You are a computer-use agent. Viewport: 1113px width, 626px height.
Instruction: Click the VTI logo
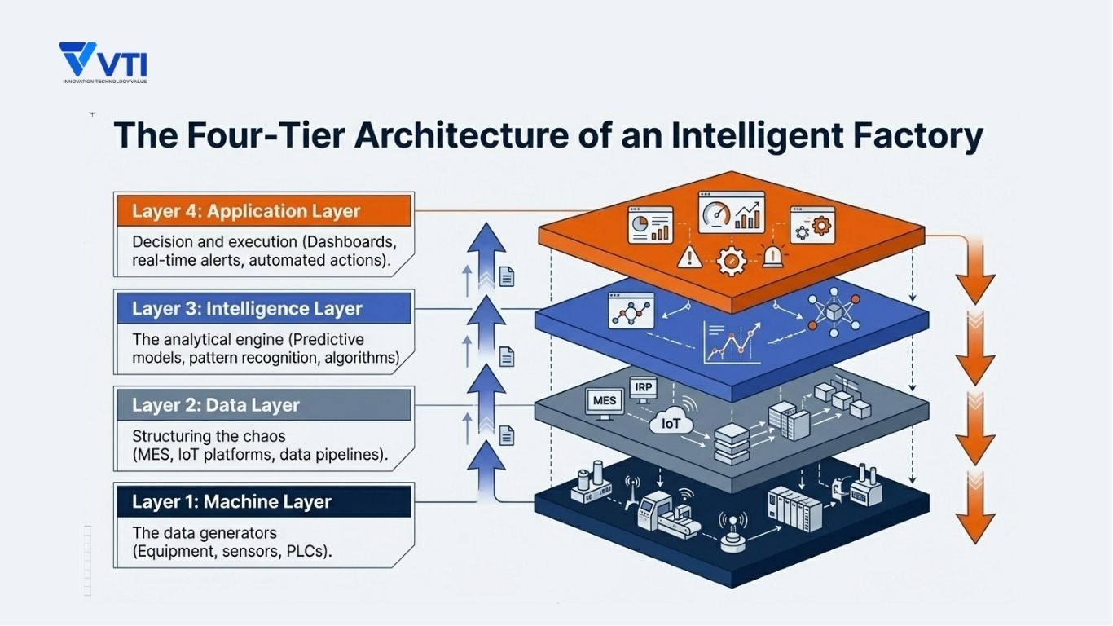(x=103, y=62)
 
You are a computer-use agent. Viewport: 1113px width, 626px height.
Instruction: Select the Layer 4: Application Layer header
(x=264, y=211)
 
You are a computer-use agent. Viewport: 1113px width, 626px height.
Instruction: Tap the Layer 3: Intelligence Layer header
(x=264, y=308)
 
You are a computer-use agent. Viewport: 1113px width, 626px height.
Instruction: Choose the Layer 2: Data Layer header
(x=264, y=405)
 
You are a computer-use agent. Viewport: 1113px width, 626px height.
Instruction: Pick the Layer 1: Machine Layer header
(x=264, y=501)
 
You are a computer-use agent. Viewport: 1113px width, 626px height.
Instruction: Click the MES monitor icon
(x=605, y=403)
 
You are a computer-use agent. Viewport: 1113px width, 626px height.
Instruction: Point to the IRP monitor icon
(x=644, y=390)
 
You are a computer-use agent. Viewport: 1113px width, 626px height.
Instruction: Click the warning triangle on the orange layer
(x=689, y=257)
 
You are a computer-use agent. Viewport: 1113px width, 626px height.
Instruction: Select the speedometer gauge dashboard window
(x=732, y=212)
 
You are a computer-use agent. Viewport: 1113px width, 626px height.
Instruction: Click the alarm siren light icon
(x=772, y=255)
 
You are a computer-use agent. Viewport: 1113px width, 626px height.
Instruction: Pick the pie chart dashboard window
(x=650, y=225)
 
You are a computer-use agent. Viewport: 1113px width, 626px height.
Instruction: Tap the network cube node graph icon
(x=834, y=311)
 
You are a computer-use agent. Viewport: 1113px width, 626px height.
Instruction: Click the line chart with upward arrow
(x=732, y=342)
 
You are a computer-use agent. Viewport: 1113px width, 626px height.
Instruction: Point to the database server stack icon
(x=732, y=443)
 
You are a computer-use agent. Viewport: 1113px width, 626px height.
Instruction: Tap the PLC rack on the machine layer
(x=794, y=508)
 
